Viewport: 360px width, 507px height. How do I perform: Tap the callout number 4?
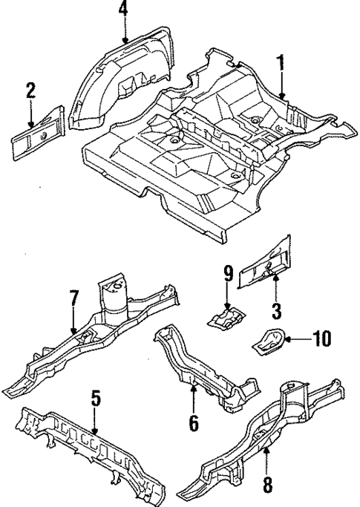(x=123, y=11)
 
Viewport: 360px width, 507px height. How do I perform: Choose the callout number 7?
(x=73, y=298)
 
